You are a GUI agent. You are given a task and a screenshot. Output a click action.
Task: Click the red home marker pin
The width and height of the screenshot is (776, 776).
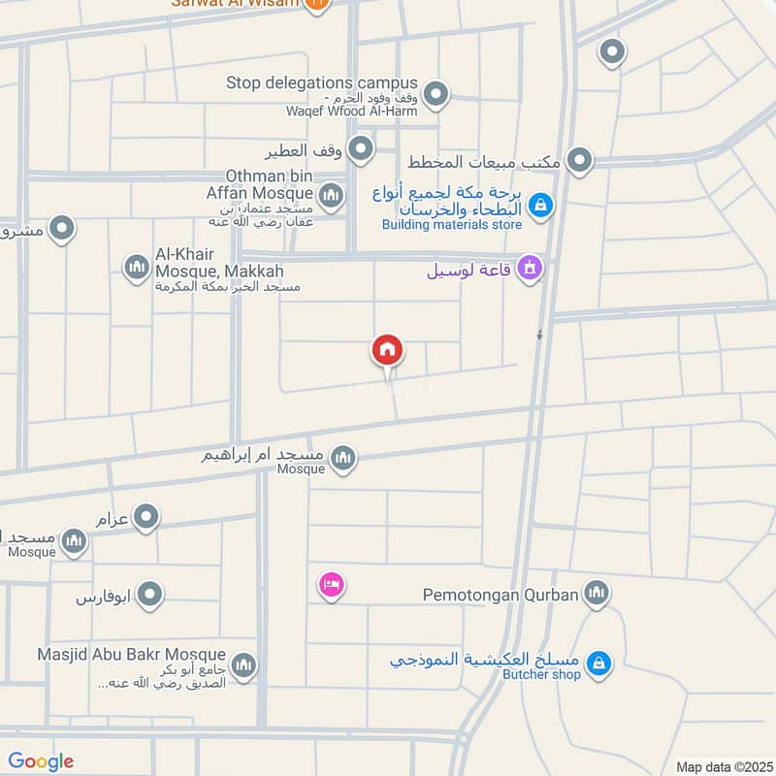click(x=387, y=351)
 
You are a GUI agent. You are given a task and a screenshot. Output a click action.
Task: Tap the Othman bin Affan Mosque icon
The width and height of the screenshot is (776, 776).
click(x=332, y=198)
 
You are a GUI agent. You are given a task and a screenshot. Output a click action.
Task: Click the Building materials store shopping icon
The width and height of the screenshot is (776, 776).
click(x=540, y=206)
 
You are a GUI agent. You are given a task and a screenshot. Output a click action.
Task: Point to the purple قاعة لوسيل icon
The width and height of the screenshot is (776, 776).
click(x=529, y=267)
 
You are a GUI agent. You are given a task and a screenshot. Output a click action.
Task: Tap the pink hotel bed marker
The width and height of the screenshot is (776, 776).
click(x=332, y=586)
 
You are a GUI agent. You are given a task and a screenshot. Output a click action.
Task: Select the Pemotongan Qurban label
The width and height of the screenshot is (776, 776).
click(x=501, y=594)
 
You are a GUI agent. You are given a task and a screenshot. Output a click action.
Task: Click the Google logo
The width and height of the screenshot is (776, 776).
click(x=41, y=761)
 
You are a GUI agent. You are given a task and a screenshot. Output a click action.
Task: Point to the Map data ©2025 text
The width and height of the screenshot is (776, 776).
click(x=724, y=766)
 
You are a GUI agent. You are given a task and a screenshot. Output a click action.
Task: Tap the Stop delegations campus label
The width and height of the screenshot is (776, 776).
click(x=321, y=83)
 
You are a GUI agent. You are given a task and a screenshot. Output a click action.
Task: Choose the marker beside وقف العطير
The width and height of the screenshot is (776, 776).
click(x=361, y=149)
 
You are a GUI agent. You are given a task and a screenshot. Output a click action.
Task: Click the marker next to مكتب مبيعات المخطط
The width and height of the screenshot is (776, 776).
click(x=579, y=161)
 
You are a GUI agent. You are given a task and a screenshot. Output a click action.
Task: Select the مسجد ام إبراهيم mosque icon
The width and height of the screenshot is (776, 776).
click(x=341, y=458)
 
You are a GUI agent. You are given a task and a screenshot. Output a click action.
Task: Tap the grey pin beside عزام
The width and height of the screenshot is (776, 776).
click(x=146, y=518)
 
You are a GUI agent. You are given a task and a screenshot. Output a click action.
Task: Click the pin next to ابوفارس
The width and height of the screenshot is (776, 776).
click(x=148, y=596)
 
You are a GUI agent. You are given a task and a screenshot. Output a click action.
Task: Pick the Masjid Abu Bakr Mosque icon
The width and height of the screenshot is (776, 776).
click(x=243, y=665)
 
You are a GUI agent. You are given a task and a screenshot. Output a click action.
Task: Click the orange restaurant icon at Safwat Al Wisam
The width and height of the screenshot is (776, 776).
click(x=314, y=5)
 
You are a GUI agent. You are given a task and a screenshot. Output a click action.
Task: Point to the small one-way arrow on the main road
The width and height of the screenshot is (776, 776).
click(x=540, y=336)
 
